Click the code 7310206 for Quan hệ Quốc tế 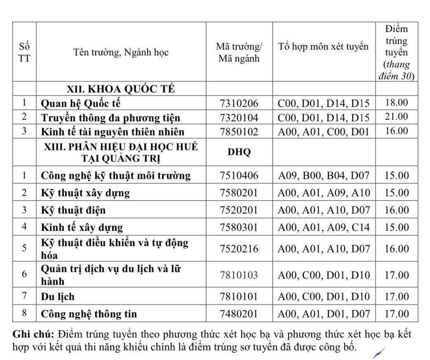point(239,103)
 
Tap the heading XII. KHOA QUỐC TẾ point(121,89)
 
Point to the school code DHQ point(239,152)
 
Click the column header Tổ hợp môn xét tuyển point(323,47)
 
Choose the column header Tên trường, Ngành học point(121,52)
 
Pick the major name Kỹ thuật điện point(73,210)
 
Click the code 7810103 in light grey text point(239,275)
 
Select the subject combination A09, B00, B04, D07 point(324,176)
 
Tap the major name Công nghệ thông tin point(89,314)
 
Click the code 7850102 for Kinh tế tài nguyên point(239,132)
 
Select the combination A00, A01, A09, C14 point(324,227)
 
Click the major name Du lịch point(58,297)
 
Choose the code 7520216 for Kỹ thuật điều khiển point(239,249)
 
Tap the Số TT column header point(25,52)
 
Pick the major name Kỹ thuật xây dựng point(85,193)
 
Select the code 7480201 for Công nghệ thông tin point(239,314)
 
